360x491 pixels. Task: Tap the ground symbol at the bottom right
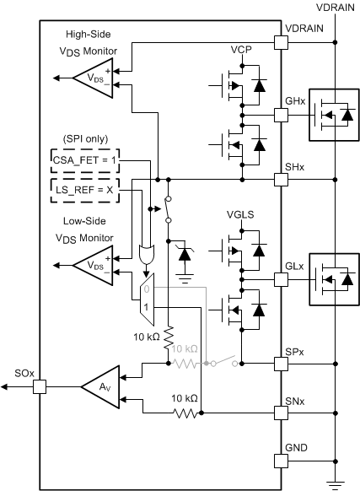337,483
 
